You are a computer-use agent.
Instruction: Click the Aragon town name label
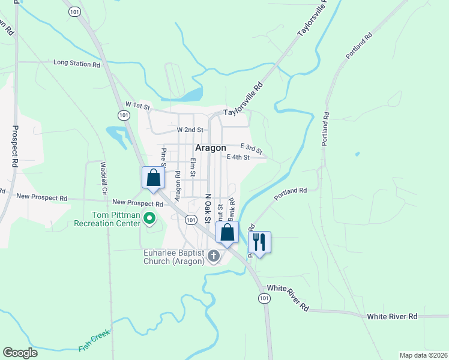(x=211, y=148)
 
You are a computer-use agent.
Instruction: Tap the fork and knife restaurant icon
(x=259, y=242)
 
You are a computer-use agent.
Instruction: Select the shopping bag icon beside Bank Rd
(x=227, y=233)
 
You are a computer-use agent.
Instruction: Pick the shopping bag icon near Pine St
(x=153, y=178)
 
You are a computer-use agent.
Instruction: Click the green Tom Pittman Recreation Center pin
(x=149, y=221)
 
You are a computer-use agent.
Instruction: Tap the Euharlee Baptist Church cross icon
(x=212, y=257)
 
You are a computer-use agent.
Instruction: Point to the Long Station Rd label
(x=76, y=62)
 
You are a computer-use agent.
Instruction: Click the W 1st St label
(x=137, y=106)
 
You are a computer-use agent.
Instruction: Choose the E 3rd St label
(x=252, y=149)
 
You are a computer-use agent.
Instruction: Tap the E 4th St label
(x=238, y=157)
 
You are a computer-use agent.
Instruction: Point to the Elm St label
(x=193, y=167)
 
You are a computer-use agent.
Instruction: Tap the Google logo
(x=20, y=353)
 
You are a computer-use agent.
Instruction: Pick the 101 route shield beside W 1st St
(x=123, y=115)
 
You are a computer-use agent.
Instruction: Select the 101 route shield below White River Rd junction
(x=264, y=298)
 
